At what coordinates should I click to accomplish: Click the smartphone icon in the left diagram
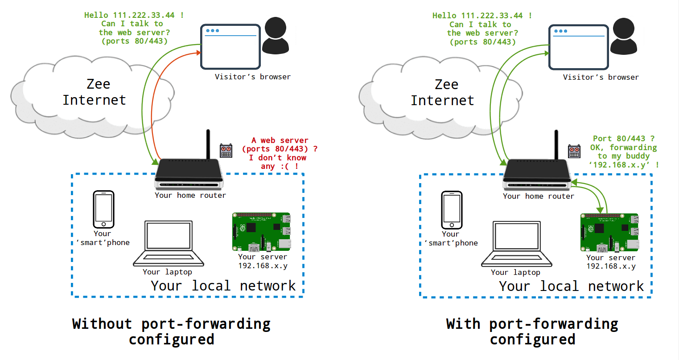click(103, 209)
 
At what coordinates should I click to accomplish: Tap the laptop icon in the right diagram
click(517, 244)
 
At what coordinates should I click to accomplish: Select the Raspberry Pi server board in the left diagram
click(261, 232)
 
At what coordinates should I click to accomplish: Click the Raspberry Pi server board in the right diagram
click(609, 232)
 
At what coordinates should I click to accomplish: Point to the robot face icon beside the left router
click(226, 151)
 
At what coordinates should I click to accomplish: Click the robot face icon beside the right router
click(574, 151)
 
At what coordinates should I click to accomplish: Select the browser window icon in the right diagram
click(578, 47)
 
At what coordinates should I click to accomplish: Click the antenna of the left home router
click(208, 144)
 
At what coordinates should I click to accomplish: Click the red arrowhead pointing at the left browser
click(198, 53)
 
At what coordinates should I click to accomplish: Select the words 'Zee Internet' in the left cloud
click(95, 92)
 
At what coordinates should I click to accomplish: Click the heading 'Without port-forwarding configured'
click(172, 331)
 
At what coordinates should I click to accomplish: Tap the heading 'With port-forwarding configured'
click(532, 331)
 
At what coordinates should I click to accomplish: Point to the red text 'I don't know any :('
click(277, 162)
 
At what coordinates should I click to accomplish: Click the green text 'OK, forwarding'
click(623, 147)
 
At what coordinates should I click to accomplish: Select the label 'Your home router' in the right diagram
click(538, 196)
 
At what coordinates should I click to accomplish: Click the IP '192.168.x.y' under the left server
click(263, 266)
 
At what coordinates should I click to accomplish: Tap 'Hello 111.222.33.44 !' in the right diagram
click(481, 16)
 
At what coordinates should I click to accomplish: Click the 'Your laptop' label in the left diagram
click(167, 272)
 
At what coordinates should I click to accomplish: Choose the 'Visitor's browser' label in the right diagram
click(601, 77)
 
